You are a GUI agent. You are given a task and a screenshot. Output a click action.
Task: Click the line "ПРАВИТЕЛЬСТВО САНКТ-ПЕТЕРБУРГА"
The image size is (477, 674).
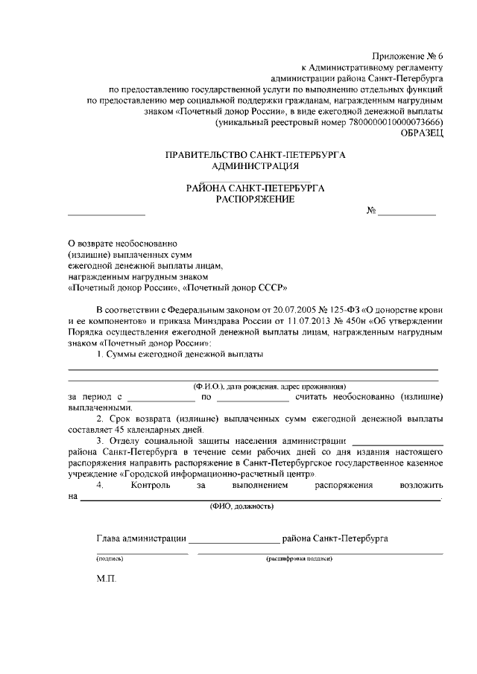point(256,155)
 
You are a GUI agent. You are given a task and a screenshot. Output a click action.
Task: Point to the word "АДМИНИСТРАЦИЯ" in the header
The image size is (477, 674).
point(255,165)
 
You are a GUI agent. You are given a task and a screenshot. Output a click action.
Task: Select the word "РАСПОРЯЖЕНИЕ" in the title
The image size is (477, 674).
point(255,199)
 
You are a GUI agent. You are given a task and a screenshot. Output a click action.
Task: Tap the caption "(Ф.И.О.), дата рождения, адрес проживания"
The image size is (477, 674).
point(270,387)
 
